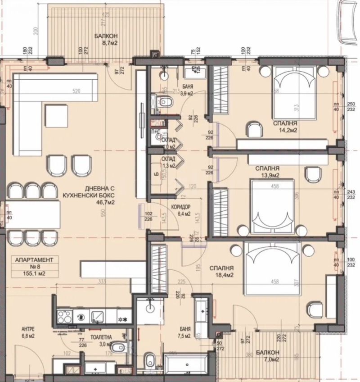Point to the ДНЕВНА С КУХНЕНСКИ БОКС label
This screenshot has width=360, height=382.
(x=94, y=196)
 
